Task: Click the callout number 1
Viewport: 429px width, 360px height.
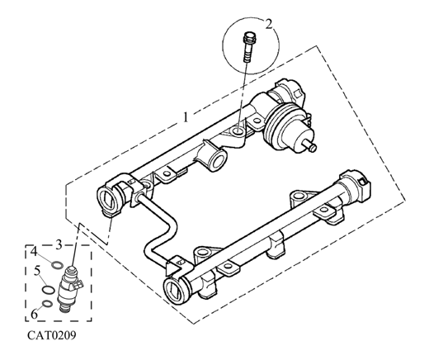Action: click(x=186, y=117)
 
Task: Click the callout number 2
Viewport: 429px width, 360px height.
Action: click(x=269, y=24)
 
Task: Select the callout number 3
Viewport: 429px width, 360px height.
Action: click(x=59, y=244)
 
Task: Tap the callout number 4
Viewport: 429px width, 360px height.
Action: click(x=34, y=251)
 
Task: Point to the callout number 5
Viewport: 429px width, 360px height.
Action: click(x=37, y=271)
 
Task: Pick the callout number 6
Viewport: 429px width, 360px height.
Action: click(x=34, y=314)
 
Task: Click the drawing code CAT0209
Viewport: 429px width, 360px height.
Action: click(x=52, y=335)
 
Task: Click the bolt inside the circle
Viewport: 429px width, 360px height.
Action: click(x=248, y=47)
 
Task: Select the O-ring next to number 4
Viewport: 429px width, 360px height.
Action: click(x=57, y=265)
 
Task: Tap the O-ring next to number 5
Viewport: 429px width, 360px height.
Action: click(x=49, y=290)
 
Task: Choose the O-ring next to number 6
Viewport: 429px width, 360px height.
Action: click(x=48, y=304)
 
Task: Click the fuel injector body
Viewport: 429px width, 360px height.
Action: click(x=68, y=289)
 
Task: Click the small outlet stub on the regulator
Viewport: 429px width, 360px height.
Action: click(x=310, y=146)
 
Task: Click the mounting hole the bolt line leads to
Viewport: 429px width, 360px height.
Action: click(x=238, y=130)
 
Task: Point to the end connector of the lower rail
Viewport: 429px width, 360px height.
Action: click(x=354, y=187)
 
